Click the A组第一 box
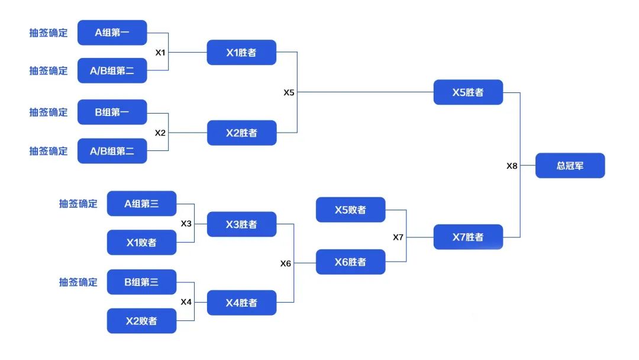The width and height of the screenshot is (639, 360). (112, 33)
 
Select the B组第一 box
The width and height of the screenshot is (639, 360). (112, 112)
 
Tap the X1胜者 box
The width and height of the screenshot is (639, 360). (241, 52)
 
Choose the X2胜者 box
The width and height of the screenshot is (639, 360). (241, 133)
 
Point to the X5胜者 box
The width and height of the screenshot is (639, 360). (468, 92)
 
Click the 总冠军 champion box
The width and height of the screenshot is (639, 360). (570, 166)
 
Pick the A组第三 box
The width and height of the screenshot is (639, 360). (142, 204)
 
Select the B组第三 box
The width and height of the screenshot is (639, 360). (142, 282)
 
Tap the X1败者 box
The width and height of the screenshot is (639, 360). (142, 243)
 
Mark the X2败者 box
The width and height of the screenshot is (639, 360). (142, 321)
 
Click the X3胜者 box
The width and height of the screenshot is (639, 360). (241, 224)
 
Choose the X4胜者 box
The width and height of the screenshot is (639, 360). (241, 303)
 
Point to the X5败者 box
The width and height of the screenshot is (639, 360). (350, 210)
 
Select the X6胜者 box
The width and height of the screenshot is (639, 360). (350, 262)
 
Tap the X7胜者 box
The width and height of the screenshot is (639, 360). (468, 237)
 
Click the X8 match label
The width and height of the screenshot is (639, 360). (512, 166)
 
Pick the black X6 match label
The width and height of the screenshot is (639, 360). (286, 263)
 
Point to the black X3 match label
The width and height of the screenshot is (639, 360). (186, 223)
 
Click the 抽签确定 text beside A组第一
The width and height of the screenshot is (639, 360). (49, 33)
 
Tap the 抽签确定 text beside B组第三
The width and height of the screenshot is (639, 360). (78, 282)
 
